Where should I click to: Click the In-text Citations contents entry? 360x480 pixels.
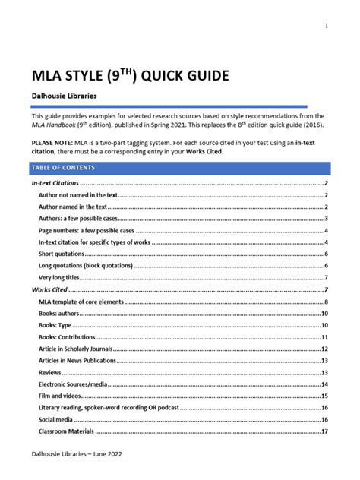coord(55,184)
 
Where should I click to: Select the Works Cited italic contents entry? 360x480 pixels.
coord(49,290)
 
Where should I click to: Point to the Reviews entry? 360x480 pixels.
coord(51,373)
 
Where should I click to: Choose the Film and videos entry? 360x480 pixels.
coord(60,396)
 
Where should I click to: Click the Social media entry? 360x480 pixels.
coord(56,419)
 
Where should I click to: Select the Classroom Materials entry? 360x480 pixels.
coord(66,431)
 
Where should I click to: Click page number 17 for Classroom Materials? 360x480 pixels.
coord(324,431)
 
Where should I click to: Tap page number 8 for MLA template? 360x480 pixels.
coord(326,302)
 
